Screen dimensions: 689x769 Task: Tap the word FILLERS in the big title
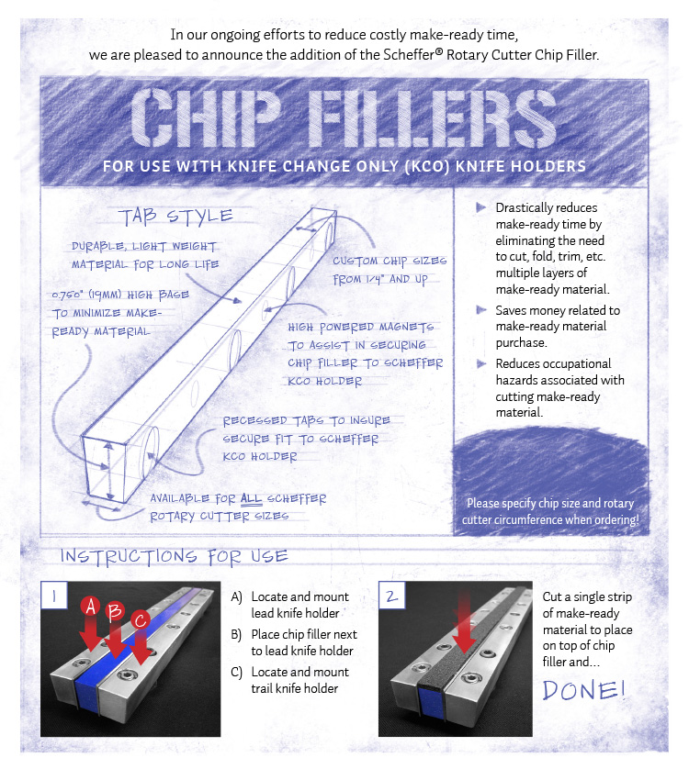pyautogui.click(x=433, y=118)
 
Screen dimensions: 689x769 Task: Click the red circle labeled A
pyautogui.click(x=91, y=607)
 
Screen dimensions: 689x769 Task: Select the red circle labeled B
pyautogui.click(x=115, y=611)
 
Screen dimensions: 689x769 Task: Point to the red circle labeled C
pyautogui.click(x=141, y=620)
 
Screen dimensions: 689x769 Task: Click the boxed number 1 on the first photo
pyautogui.click(x=54, y=596)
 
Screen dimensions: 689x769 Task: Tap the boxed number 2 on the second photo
pyautogui.click(x=392, y=596)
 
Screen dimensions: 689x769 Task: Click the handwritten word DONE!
pyautogui.click(x=584, y=690)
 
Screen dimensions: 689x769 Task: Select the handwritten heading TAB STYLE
pyautogui.click(x=175, y=217)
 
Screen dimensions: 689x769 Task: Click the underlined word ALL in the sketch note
pyautogui.click(x=251, y=499)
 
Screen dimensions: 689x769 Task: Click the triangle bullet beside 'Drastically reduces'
pyautogui.click(x=481, y=207)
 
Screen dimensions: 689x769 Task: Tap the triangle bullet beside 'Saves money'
pyautogui.click(x=481, y=310)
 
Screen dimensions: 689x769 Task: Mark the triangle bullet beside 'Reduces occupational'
pyautogui.click(x=481, y=363)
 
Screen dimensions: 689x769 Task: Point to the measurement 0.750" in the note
pyautogui.click(x=68, y=295)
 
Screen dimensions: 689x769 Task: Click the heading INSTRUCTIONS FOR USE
pyautogui.click(x=174, y=557)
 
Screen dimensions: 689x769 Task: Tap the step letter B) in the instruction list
pyautogui.click(x=237, y=635)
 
